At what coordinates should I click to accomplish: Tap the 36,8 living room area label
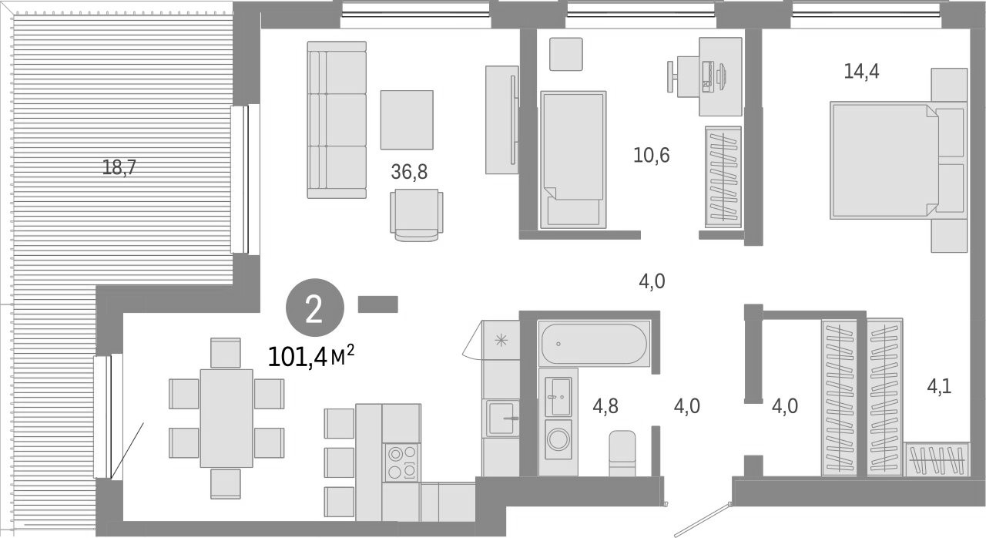click(x=409, y=172)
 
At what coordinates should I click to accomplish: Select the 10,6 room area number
click(x=652, y=156)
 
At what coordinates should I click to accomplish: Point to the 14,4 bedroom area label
click(x=861, y=72)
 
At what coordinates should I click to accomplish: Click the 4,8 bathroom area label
click(x=606, y=405)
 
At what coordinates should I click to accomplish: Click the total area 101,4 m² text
click(x=311, y=357)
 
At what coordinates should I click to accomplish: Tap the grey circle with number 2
click(x=314, y=311)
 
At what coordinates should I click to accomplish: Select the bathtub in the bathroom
click(x=594, y=344)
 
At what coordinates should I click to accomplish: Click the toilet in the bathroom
click(x=622, y=455)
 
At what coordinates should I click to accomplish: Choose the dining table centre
click(x=226, y=418)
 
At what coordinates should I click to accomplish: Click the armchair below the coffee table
click(x=417, y=213)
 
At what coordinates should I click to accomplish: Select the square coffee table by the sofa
click(x=406, y=119)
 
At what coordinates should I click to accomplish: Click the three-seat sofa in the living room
click(x=336, y=119)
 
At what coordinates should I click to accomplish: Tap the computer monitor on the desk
click(x=720, y=75)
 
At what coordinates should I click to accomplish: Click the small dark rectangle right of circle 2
click(x=377, y=304)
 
